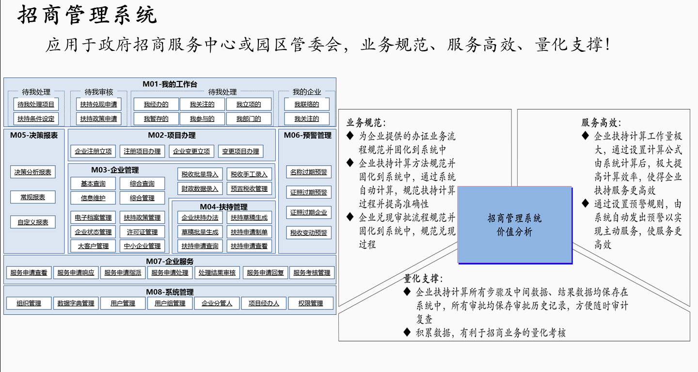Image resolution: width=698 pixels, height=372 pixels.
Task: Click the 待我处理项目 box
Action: click(x=36, y=104)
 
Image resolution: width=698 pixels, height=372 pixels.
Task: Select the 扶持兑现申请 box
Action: click(x=98, y=104)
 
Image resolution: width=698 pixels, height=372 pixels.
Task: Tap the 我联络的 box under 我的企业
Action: click(x=307, y=104)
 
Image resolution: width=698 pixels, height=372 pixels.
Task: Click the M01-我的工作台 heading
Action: click(x=170, y=84)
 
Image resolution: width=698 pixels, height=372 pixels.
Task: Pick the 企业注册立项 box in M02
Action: click(x=94, y=151)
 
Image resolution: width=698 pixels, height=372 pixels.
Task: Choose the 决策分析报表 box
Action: click(x=33, y=172)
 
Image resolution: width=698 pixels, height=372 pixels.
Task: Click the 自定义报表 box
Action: click(x=33, y=222)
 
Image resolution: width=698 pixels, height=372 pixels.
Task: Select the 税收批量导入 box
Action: click(x=200, y=174)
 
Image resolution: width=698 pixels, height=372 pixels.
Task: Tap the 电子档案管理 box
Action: click(x=94, y=217)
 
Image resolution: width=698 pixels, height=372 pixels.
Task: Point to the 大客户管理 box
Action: click(x=94, y=246)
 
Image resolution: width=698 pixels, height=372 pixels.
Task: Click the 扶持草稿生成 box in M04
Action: click(x=249, y=217)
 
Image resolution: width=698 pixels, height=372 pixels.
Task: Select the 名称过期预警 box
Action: click(x=309, y=172)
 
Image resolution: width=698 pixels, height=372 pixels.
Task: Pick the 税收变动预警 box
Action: click(x=309, y=232)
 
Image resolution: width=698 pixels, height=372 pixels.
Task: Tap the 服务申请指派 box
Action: click(x=123, y=273)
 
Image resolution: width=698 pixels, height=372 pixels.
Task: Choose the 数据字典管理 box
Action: click(x=76, y=304)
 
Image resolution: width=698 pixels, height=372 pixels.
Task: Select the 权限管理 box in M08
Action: click(x=311, y=304)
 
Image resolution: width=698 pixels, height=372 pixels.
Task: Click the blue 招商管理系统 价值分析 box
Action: click(x=515, y=225)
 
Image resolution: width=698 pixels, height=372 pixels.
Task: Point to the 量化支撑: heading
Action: click(x=423, y=279)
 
